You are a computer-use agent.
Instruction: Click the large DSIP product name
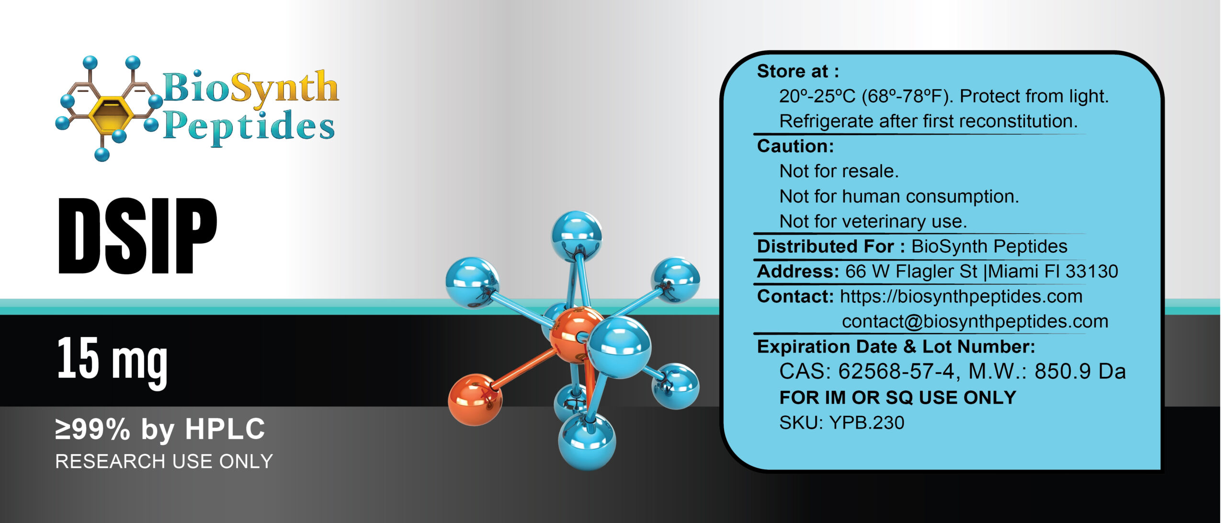[x=137, y=236]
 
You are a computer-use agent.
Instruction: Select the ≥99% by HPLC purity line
[x=160, y=429]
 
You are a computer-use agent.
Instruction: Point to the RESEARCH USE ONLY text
[x=164, y=462]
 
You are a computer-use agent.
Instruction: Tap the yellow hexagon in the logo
[x=110, y=115]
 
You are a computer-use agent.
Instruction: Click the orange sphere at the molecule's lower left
[x=475, y=400]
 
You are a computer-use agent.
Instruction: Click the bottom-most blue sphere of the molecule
[x=587, y=441]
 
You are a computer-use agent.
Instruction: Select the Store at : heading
[x=798, y=71]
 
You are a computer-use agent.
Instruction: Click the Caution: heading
[x=795, y=146]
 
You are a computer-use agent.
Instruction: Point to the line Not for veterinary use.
[x=873, y=221]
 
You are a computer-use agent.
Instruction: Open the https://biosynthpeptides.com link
[x=961, y=296]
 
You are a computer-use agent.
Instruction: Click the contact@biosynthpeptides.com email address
[x=975, y=321]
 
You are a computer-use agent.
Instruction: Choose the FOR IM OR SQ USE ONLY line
[x=897, y=398]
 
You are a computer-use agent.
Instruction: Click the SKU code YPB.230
[x=866, y=423]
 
